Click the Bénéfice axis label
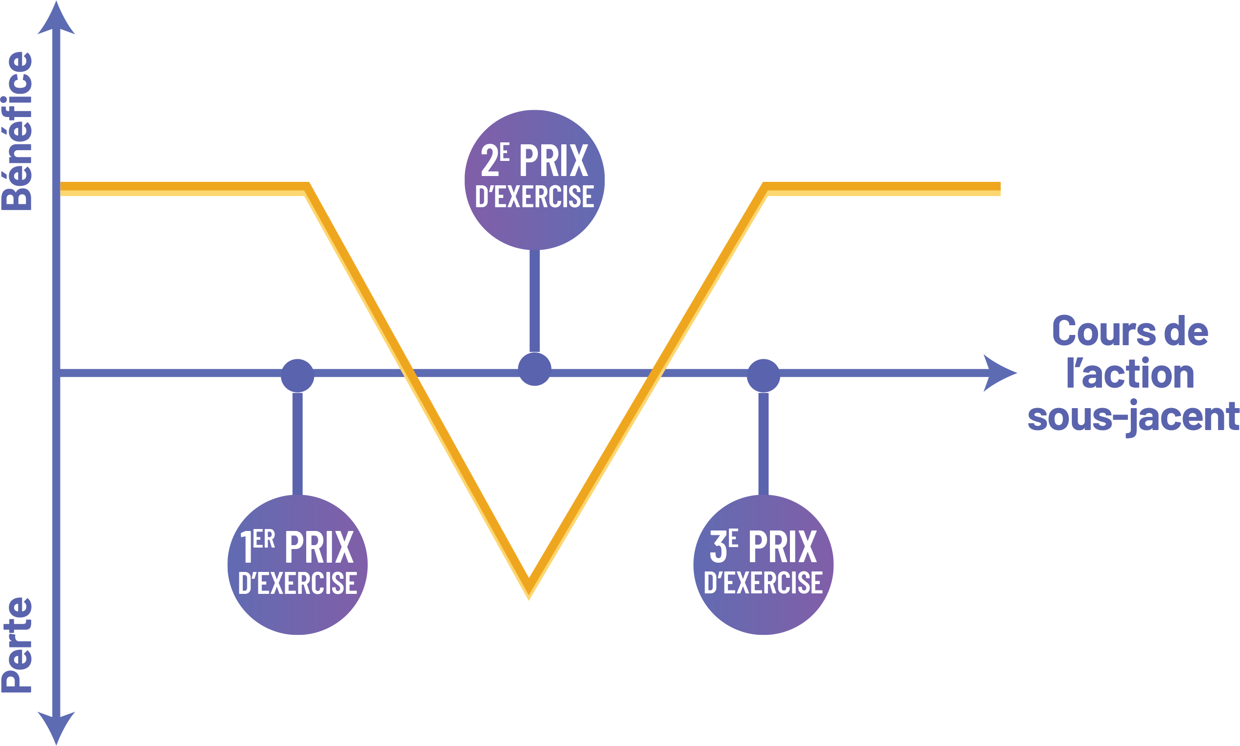pos(17,131)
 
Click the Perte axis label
pos(17,645)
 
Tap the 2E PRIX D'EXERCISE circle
pos(534,179)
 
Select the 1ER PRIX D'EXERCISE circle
pos(297,565)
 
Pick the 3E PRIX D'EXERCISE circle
pos(764,565)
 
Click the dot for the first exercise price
pos(297,375)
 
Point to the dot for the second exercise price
pos(534,369)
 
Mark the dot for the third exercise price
pos(764,375)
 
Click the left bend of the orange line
pos(307,189)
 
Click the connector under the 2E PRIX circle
pos(535,301)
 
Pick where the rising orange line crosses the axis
pos(656,373)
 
